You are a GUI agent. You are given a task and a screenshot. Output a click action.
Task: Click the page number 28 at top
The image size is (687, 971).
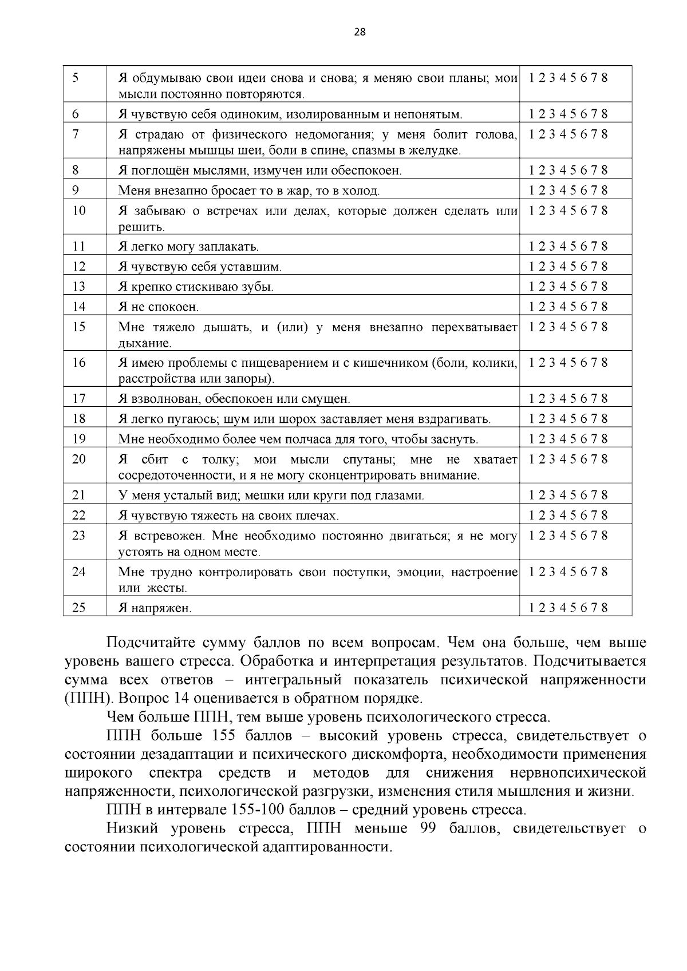(x=360, y=32)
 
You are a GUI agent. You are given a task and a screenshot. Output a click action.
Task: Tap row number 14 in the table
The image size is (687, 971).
(x=79, y=307)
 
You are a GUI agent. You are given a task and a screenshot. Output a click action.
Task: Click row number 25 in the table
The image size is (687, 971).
(x=79, y=608)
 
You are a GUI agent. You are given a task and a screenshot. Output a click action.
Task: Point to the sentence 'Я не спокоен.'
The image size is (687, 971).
(x=159, y=307)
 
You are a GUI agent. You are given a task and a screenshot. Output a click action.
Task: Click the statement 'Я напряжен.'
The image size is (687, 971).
(x=155, y=608)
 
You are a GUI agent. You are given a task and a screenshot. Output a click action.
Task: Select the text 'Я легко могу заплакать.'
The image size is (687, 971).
(x=188, y=247)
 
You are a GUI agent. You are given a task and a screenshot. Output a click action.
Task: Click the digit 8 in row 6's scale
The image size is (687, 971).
(x=604, y=114)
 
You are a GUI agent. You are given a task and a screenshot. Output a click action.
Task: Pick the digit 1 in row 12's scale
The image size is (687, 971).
(x=532, y=267)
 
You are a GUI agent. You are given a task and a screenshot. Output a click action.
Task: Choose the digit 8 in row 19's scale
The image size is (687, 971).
(x=604, y=439)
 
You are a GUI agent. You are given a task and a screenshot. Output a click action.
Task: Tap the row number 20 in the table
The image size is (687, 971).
(x=79, y=459)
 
